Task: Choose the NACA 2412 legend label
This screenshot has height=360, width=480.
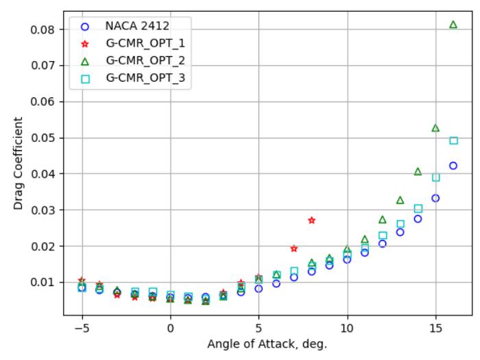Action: pos(137,26)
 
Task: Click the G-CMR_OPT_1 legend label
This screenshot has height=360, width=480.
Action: pos(145,43)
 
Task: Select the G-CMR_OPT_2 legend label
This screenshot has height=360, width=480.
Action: pos(145,60)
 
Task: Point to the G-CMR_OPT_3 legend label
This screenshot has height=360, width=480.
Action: pos(145,78)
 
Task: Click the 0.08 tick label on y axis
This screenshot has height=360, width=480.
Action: pos(43,29)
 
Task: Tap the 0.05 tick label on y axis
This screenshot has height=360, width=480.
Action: pos(43,138)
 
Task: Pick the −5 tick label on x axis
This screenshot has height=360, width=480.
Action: pos(82,328)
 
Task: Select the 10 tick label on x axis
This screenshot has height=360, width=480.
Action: pos(348,328)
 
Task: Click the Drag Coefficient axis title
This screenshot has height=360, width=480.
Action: pos(18,163)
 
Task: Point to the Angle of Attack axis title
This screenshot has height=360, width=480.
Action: pos(267,344)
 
